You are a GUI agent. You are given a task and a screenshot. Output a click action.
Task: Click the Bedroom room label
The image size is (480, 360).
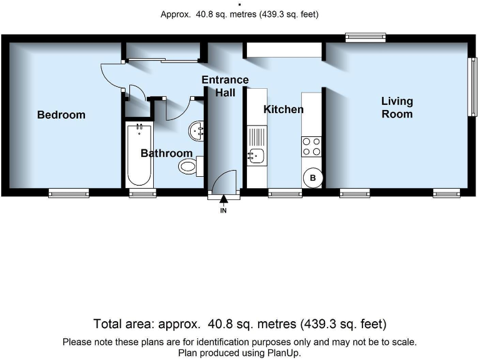coord(61,115)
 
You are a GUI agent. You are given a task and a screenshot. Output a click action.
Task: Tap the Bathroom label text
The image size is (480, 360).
coord(166,153)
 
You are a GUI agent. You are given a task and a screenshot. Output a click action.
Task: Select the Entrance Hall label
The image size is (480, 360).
coord(225,86)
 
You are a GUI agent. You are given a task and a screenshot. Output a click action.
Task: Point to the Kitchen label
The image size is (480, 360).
coord(283,109)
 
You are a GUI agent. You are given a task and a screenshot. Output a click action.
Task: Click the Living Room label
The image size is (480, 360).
coord(397,107)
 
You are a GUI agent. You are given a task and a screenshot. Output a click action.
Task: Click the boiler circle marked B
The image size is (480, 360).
coord(312,177)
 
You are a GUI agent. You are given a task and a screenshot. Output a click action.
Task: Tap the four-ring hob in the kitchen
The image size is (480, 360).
coord(311,146)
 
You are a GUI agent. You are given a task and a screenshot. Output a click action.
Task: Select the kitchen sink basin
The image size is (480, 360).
coord(255,155)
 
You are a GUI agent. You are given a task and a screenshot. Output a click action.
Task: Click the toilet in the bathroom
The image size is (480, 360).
coord(190,166)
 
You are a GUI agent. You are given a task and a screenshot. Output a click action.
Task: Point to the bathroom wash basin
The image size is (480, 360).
coord(197,130)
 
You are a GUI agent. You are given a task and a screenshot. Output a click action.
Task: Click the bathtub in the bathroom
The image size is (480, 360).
coord(139,154)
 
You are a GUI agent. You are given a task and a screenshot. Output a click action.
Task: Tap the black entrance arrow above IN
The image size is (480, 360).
coord(224,199)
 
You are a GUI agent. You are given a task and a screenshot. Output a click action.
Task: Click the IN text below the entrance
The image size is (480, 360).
coord(224,211)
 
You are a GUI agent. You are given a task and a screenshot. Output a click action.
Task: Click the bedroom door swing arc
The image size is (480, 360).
coord(111,75)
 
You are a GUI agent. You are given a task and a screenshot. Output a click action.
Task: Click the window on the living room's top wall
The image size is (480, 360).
coord(366,38)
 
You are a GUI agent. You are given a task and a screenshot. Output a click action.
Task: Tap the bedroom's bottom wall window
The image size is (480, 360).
coord(69,193)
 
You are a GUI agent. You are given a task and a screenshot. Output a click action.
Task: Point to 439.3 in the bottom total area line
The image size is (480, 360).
coord(318,324)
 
